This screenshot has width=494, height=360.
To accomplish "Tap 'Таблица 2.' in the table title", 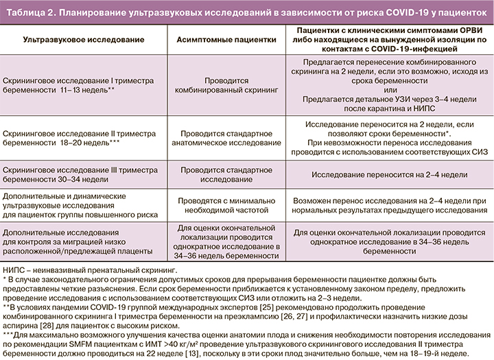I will point(30,12).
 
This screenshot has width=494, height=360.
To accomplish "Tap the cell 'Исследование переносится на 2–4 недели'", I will point(390,175).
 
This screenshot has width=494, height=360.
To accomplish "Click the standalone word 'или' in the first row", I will point(390,90).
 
